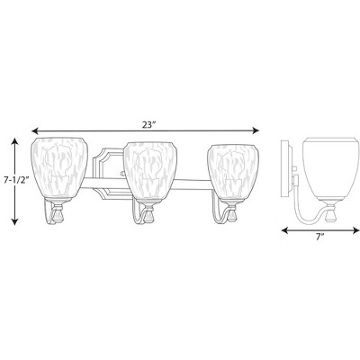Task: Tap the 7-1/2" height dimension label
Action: click(15, 181)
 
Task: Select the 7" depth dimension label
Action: click(320, 237)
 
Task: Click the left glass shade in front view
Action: click(59, 169)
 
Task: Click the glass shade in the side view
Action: click(328, 169)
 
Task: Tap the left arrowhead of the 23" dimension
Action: click(35, 130)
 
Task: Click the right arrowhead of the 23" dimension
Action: click(256, 130)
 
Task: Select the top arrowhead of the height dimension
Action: click(14, 140)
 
